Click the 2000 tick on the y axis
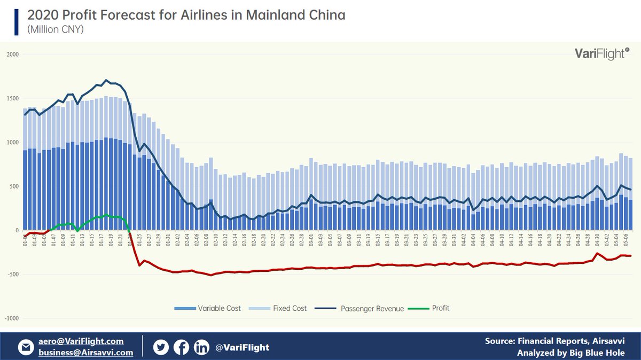click(x=12, y=54)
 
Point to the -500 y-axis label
click(x=12, y=275)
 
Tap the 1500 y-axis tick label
click(x=12, y=99)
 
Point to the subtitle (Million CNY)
click(x=55, y=29)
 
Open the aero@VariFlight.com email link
click(x=81, y=341)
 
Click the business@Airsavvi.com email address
click(x=85, y=353)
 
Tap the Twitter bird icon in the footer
click(x=161, y=348)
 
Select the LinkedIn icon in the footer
click(x=201, y=348)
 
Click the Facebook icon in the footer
click(x=181, y=348)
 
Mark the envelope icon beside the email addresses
click(x=25, y=348)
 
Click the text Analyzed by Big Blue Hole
click(x=570, y=353)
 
